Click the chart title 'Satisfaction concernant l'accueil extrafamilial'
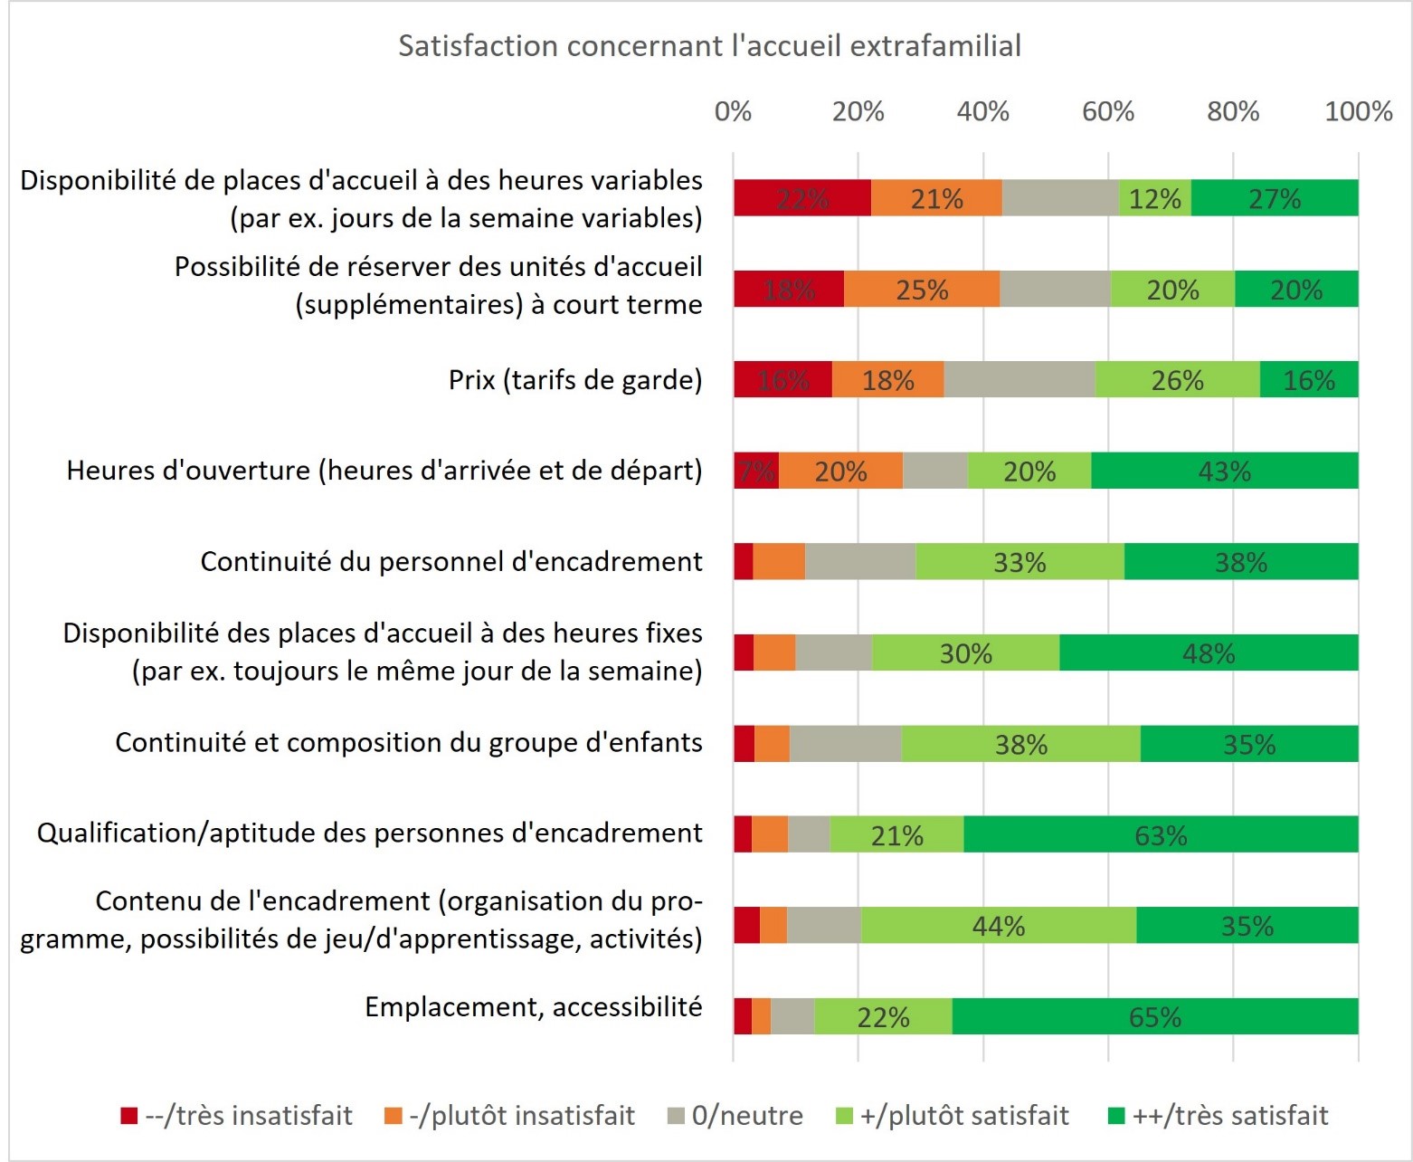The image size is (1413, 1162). tap(709, 45)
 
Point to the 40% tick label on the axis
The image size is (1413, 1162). tap(982, 111)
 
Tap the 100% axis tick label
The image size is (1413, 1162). tap(1357, 111)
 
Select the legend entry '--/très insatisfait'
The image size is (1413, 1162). tap(237, 1115)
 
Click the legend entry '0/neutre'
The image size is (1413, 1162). tap(735, 1115)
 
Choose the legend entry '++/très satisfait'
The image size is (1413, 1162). tap(1219, 1115)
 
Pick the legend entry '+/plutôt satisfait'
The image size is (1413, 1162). tap(952, 1115)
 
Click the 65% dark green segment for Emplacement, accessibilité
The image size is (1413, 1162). tap(1154, 1016)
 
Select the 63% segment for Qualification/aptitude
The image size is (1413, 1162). tap(1161, 834)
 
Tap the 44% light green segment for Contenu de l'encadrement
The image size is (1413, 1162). tap(998, 925)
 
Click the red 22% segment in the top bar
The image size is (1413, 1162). tap(801, 198)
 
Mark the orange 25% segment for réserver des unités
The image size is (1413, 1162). tap(922, 289)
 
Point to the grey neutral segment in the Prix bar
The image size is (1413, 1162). tap(1019, 379)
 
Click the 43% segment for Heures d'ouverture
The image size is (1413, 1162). tap(1224, 471)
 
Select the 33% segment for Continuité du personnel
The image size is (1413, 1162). tap(1019, 562)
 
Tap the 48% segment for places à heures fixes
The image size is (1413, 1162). tap(1209, 652)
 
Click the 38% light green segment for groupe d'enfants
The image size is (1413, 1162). tap(1020, 744)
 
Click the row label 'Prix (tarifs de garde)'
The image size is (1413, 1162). tap(575, 379)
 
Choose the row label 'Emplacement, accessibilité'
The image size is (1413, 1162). tap(533, 1006)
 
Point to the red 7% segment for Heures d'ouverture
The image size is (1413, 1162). tap(755, 471)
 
